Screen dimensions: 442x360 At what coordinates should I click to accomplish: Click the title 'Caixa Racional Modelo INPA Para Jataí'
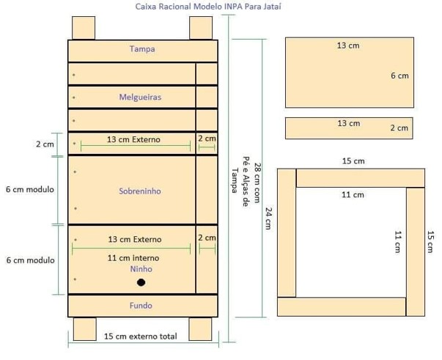208,7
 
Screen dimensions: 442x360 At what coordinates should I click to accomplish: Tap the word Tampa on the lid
142,49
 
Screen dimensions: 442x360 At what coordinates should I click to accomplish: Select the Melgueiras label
140,98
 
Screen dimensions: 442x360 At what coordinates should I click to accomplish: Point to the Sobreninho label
140,191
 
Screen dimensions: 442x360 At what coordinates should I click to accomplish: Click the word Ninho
141,269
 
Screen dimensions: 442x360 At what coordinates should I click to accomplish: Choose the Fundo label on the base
141,306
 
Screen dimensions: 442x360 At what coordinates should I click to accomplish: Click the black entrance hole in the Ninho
141,282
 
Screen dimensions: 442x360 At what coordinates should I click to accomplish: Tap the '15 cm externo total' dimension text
141,337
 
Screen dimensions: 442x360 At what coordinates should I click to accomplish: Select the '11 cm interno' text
133,258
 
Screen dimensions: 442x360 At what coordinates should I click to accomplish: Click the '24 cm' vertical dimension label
268,218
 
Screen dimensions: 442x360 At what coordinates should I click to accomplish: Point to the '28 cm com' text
257,183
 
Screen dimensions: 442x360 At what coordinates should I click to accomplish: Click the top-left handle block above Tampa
84,28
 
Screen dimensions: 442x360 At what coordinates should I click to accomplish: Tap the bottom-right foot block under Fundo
200,329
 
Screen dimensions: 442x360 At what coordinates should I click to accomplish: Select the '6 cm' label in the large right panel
399,76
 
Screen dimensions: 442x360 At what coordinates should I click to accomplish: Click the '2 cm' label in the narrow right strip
399,128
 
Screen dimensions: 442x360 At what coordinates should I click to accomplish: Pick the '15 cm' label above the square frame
353,161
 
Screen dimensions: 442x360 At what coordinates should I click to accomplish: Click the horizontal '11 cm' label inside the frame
353,195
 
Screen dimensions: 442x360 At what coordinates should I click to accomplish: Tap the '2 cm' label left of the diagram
45,144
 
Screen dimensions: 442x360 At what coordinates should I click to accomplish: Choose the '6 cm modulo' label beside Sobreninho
30,189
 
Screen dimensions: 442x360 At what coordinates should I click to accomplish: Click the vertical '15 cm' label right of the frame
430,242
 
